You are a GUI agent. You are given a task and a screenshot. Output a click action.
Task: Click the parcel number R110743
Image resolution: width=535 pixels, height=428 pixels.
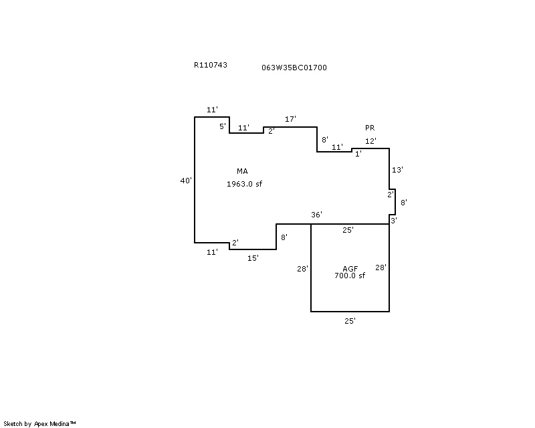(x=211, y=65)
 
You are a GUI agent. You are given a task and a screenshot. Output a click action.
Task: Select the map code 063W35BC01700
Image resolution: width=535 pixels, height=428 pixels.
(x=294, y=68)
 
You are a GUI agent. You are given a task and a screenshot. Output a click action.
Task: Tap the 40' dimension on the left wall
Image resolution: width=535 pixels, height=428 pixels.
(x=186, y=181)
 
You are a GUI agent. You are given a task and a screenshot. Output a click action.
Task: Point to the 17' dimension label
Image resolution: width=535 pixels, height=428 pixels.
(x=290, y=119)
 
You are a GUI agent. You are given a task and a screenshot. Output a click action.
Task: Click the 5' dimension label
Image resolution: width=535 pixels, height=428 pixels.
(x=223, y=126)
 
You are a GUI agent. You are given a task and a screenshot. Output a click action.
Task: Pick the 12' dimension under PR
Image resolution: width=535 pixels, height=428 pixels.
(x=370, y=141)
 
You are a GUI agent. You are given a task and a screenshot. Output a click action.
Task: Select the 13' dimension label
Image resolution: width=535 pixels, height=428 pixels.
(x=397, y=170)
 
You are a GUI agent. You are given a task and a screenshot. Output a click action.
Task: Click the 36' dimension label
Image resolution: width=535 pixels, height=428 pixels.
(x=316, y=215)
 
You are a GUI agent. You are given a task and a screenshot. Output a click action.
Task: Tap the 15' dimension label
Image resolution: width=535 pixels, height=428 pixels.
(x=253, y=258)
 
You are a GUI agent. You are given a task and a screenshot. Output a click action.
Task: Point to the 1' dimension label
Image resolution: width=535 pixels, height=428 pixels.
(x=358, y=154)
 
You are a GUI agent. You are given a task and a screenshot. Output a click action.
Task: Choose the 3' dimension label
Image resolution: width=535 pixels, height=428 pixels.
(x=394, y=221)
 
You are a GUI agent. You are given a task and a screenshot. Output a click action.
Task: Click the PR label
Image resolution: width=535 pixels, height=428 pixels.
(x=370, y=128)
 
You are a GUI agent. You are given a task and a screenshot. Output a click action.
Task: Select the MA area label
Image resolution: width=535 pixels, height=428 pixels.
(x=242, y=171)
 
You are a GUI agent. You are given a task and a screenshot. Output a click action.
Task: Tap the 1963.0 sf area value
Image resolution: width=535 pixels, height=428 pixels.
(x=244, y=184)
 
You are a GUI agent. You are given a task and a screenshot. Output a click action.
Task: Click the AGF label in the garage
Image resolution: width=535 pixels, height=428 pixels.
(x=350, y=269)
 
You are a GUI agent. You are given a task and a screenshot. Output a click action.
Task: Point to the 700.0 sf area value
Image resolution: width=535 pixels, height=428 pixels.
(x=350, y=276)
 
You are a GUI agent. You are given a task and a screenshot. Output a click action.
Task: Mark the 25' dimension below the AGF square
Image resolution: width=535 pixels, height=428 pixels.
(x=350, y=321)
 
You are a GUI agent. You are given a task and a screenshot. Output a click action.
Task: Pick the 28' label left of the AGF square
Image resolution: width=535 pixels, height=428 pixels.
(x=303, y=269)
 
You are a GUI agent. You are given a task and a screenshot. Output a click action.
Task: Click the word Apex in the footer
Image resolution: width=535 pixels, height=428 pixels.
(x=41, y=424)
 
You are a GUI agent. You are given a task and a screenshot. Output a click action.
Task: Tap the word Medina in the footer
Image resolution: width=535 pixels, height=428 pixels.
(x=60, y=424)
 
